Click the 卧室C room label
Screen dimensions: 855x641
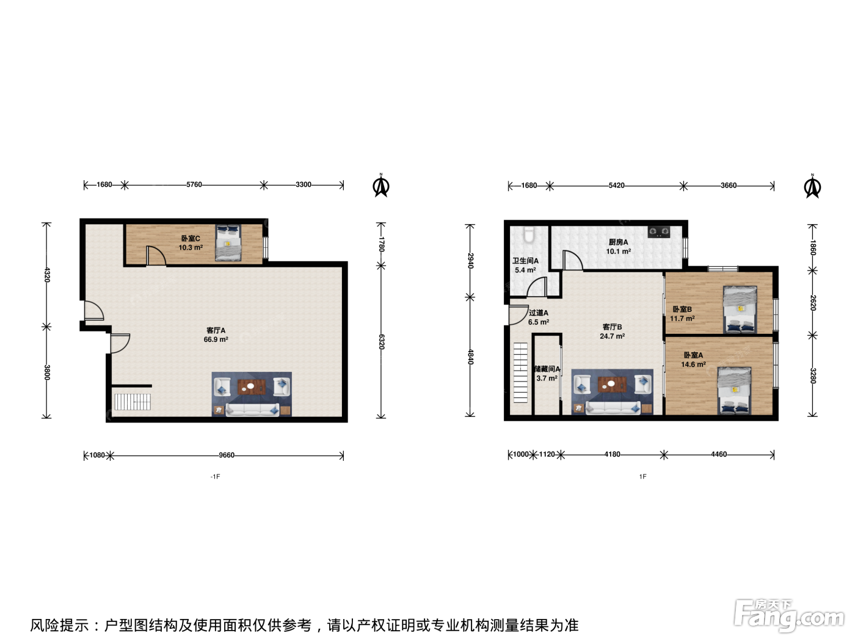191,238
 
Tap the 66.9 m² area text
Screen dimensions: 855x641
216,339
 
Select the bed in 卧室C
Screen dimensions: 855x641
228,242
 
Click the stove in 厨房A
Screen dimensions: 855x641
659,232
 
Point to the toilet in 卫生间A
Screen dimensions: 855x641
529,235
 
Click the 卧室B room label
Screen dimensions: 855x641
682,309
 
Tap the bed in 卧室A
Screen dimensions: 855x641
734,391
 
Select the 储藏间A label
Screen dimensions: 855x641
547,369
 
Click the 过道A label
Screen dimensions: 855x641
538,313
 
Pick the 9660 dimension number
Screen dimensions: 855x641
227,455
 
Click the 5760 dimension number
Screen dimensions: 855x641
194,184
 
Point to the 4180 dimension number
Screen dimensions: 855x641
612,454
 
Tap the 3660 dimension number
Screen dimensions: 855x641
729,185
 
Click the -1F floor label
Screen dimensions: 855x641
216,476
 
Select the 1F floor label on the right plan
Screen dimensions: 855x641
642,476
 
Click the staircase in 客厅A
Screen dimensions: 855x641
133,402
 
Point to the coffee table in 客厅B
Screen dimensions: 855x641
613,385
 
